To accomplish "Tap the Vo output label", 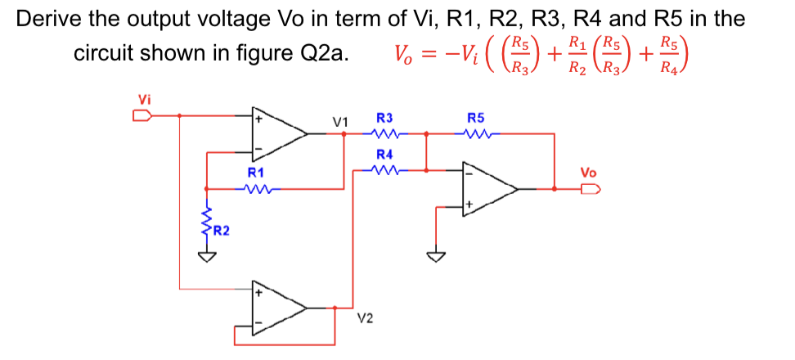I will [x=588, y=173].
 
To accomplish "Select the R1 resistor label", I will [x=255, y=173].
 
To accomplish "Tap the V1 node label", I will [x=340, y=122].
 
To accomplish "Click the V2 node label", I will [x=366, y=317].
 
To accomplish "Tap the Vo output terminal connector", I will [x=589, y=189].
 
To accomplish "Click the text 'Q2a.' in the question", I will [x=327, y=54].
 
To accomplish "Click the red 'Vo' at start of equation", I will [x=405, y=55].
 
